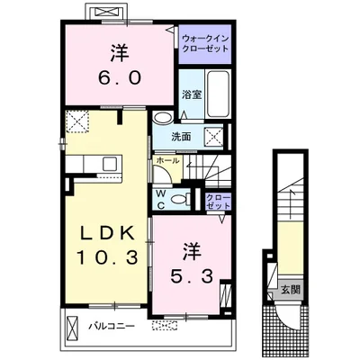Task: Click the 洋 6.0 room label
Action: pyautogui.click(x=120, y=65)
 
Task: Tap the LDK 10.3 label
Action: pyautogui.click(x=107, y=246)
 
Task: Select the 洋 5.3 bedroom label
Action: pyautogui.click(x=192, y=263)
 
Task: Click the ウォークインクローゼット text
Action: pyautogui.click(x=205, y=44)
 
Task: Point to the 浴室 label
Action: pyautogui.click(x=192, y=94)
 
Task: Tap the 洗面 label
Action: pyautogui.click(x=181, y=137)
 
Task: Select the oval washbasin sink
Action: pyautogui.click(x=163, y=117)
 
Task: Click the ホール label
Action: pyautogui.click(x=167, y=160)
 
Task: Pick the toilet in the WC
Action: pyautogui.click(x=181, y=199)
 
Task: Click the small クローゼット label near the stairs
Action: pyautogui.click(x=219, y=202)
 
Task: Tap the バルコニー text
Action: pyautogui.click(x=112, y=326)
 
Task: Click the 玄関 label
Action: pyautogui.click(x=290, y=290)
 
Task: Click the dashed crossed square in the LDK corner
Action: pyautogui.click(x=77, y=121)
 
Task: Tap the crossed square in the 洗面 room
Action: pyautogui.click(x=214, y=137)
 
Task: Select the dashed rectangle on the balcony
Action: pyautogui.click(x=165, y=326)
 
